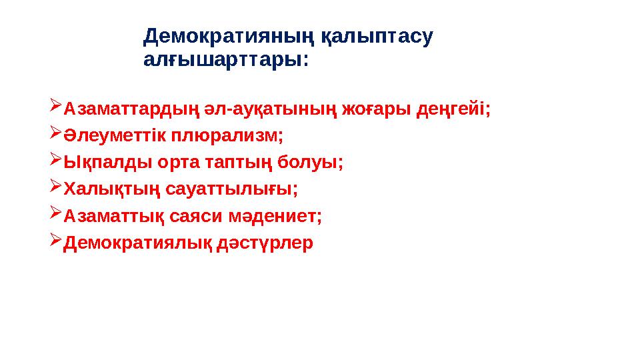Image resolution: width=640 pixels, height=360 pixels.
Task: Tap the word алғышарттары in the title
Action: click(223, 61)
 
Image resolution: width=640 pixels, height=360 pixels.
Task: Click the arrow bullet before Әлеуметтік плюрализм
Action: click(55, 134)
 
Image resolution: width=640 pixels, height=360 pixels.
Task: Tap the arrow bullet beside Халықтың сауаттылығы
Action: click(55, 188)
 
